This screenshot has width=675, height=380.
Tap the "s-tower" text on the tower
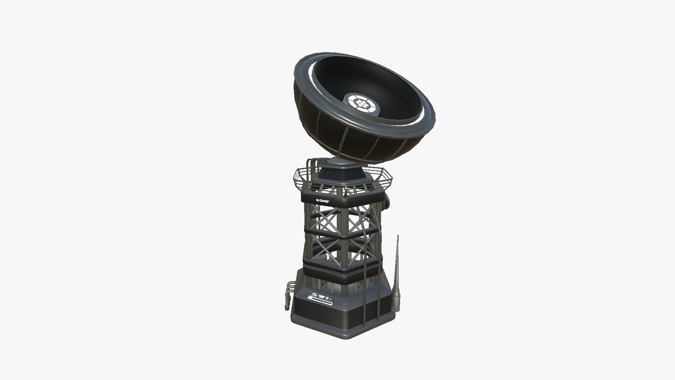coord(322,201)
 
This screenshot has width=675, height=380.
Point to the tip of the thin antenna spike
coord(398,236)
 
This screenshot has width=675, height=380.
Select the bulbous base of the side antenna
coord(396,300)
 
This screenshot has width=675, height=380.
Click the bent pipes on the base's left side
coord(289,288)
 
